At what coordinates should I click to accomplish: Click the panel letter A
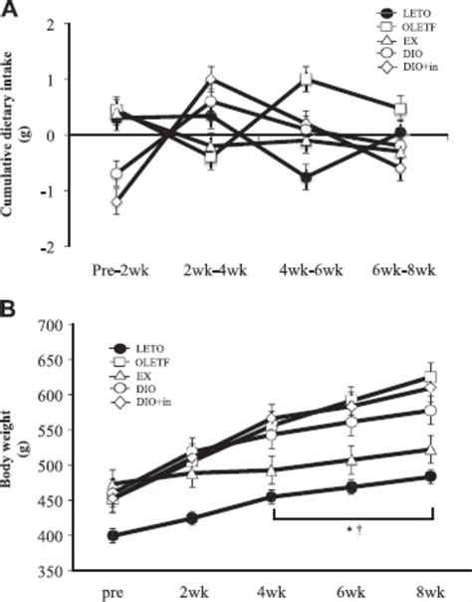coord(9,9)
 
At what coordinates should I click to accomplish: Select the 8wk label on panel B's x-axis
coord(431,592)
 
